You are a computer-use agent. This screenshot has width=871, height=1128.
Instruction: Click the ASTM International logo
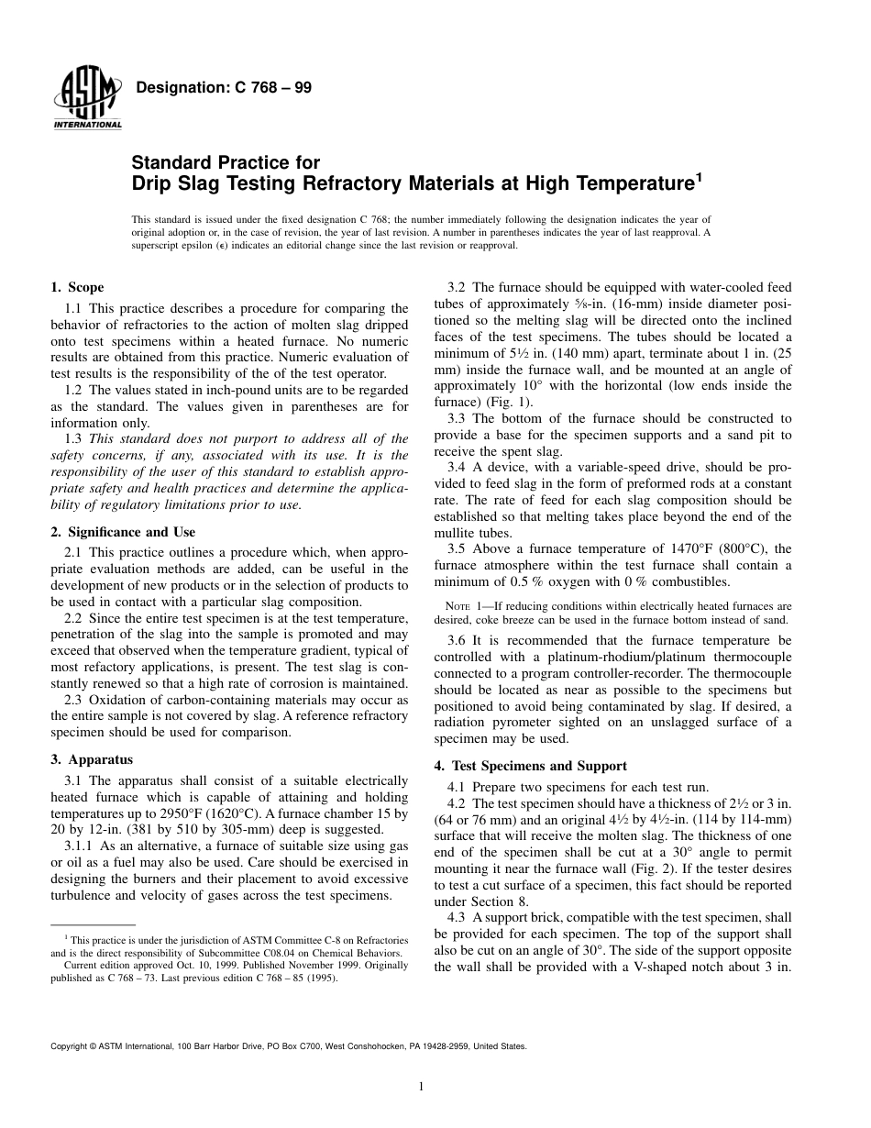coord(87,99)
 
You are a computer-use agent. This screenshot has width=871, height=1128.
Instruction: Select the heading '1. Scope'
coord(77,287)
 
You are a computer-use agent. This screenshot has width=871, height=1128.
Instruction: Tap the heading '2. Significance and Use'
coord(123,532)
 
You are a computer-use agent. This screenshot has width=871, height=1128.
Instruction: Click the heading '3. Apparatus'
coord(91,759)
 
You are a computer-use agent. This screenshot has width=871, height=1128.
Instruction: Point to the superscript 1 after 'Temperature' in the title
coord(699,177)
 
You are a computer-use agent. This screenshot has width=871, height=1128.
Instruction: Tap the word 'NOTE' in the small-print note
coord(458,607)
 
